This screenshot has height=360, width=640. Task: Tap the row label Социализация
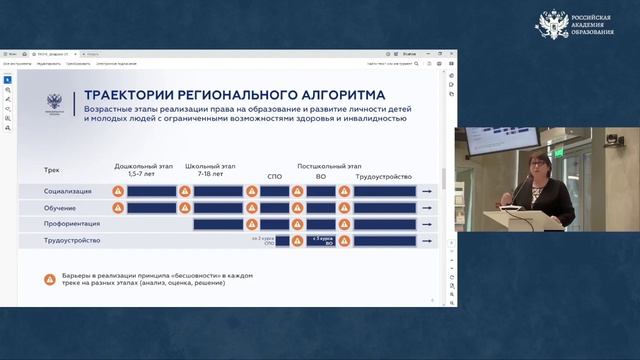[67, 190]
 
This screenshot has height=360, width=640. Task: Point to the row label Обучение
[60, 207]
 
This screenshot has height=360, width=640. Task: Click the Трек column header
[52, 170]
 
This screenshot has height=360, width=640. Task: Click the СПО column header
[275, 175]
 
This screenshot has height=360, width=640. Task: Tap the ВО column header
[320, 175]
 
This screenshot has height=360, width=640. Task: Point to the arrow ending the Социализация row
[427, 190]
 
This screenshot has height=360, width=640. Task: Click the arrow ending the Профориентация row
[427, 224]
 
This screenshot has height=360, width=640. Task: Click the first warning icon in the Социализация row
[117, 190]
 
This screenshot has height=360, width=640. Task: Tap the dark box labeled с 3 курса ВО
[320, 240]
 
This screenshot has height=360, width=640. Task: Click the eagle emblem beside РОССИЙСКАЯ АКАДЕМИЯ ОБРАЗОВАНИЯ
[552, 24]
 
